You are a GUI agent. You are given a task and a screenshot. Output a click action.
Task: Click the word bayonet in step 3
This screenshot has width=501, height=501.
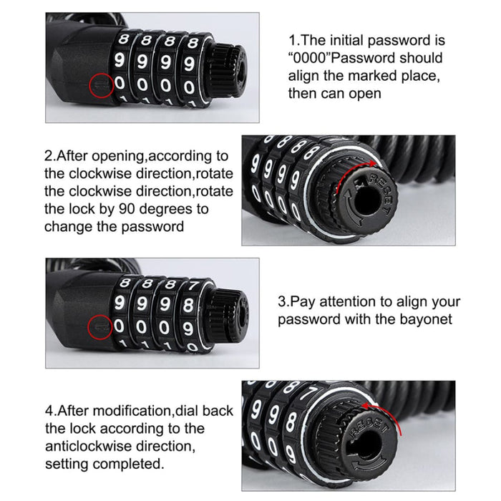425,319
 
